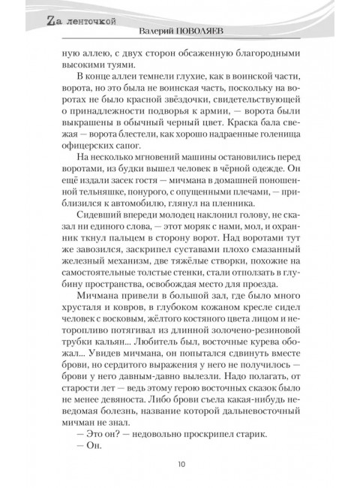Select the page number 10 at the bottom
click(x=181, y=464)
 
